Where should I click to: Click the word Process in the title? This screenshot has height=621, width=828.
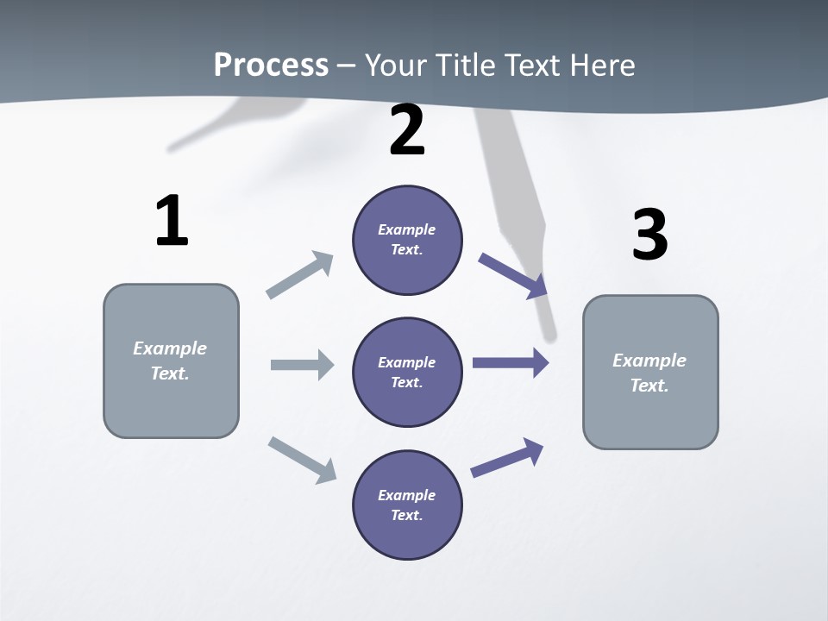pos(271,65)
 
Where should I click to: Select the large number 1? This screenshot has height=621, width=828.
pos(172,221)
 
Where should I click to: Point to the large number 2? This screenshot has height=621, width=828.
pos(407,130)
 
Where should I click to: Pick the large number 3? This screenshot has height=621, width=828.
pos(649,235)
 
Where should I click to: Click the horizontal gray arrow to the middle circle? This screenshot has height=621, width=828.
pos(302,365)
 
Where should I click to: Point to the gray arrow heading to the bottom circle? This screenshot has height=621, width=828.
pos(302,459)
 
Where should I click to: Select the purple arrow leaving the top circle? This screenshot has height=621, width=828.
pos(512,275)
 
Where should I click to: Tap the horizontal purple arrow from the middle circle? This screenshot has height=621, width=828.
pos(511,363)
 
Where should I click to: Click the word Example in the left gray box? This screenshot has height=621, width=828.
pos(170,348)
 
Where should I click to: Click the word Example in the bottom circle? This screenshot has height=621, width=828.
pos(406,495)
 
